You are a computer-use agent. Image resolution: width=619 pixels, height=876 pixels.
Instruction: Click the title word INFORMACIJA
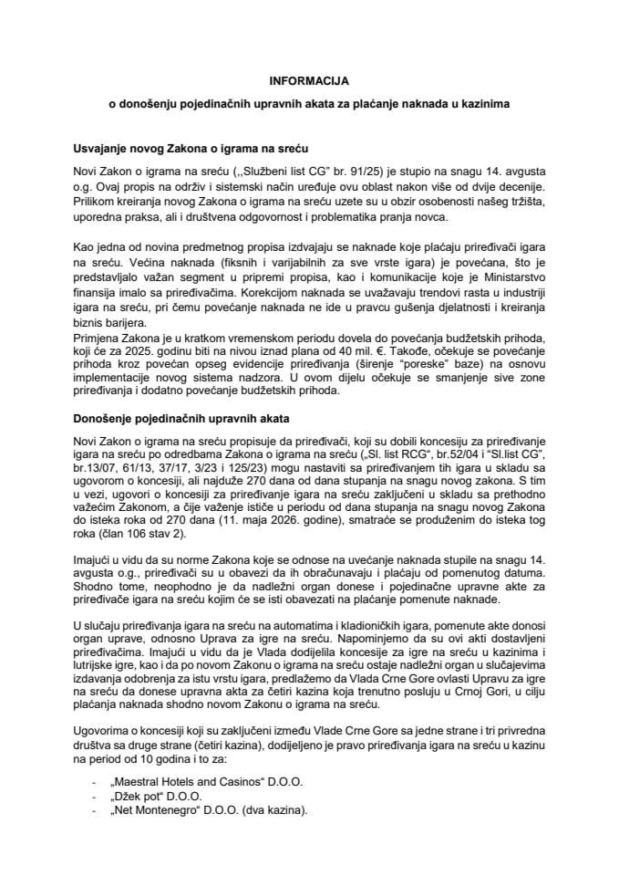tap(309, 79)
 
